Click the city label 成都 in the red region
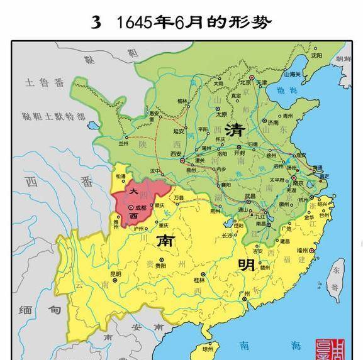coord(140,207)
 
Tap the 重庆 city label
coord(164,226)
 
